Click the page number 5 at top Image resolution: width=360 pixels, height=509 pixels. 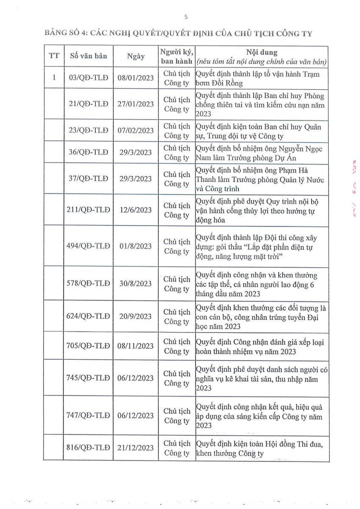pos(186,17)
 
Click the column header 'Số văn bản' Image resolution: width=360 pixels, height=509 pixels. pos(88,56)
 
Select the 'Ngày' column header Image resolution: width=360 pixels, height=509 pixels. pos(136,56)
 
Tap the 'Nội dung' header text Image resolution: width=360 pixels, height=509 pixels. pos(262,52)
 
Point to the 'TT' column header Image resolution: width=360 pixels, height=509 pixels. pos(54,56)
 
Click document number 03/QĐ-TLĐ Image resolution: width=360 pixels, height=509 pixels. pos(88,78)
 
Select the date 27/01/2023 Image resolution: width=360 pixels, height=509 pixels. pos(136,104)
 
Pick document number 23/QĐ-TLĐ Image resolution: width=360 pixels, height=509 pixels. pos(88,131)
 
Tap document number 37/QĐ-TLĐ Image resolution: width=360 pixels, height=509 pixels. pos(88,179)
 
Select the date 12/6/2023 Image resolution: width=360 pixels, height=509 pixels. pos(136,210)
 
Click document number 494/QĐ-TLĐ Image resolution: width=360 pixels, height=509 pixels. pos(88,246)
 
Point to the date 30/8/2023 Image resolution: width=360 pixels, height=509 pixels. pos(136,283)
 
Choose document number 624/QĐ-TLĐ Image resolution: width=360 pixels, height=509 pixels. pos(88,316)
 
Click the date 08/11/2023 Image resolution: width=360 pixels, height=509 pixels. pos(136,346)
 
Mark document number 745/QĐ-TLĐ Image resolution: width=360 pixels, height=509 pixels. pos(88,378)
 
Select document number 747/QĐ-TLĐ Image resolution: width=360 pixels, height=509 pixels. pos(88,415)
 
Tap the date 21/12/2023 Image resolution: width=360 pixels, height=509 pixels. pos(136,447)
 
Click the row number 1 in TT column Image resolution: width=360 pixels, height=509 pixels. pos(54,78)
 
